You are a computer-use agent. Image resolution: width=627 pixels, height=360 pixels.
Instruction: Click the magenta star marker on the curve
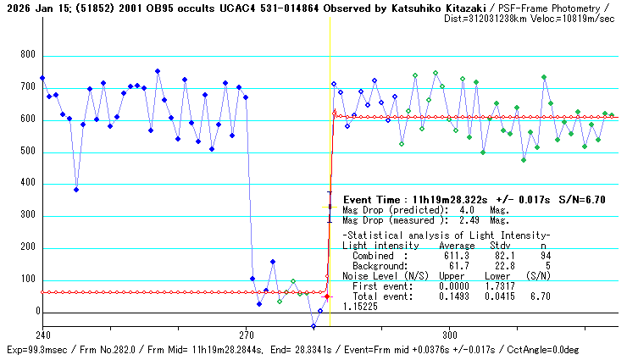328,296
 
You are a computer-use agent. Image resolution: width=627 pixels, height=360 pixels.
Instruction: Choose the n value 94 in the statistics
546,255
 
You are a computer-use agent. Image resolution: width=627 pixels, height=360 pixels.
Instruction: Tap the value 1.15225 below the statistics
361,307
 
